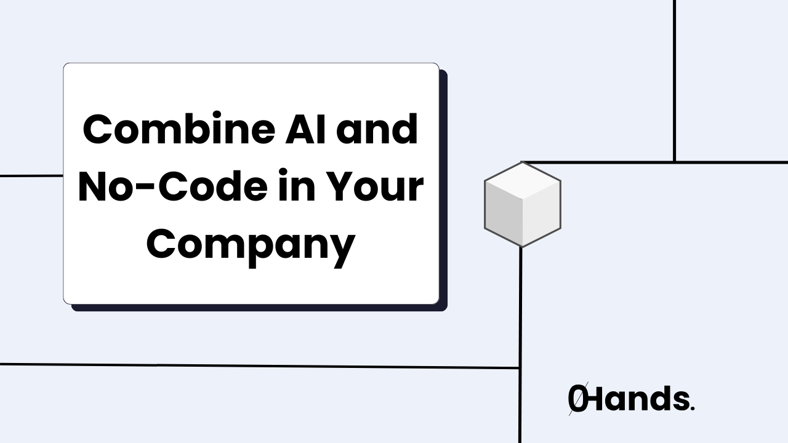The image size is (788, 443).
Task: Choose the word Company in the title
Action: pos(251,244)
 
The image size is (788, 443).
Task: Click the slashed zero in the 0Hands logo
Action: pos(577,400)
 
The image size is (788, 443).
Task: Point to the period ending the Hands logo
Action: pos(693,409)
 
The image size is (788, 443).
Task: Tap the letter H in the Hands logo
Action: pos(596,400)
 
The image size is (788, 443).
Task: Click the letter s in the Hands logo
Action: pos(680,402)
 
